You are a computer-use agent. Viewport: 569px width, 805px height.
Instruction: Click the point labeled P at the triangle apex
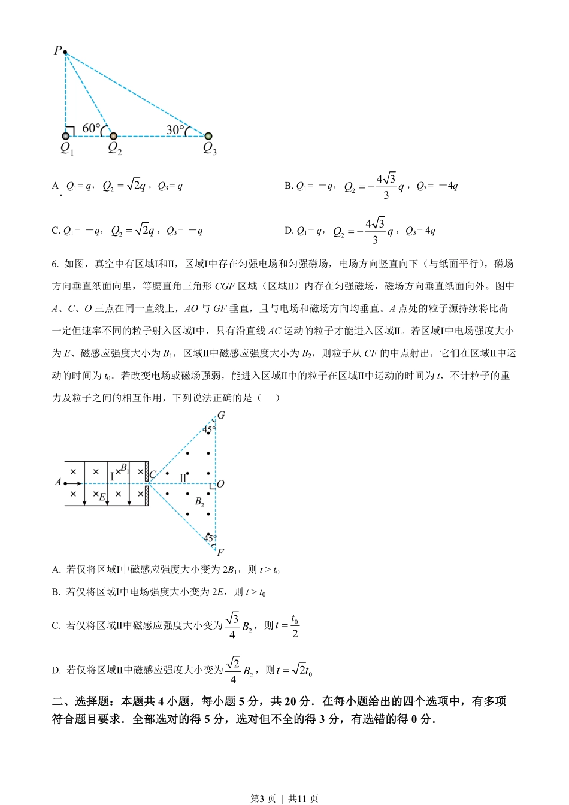(65, 53)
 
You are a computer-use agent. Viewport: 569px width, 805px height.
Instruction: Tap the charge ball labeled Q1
(66, 136)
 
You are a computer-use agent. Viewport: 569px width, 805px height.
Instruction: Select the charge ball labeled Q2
(113, 136)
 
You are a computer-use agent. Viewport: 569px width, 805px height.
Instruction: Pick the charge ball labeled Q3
(208, 136)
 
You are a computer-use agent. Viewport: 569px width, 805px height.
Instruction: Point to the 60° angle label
(90, 128)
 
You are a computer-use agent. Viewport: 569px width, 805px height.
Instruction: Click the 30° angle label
(175, 129)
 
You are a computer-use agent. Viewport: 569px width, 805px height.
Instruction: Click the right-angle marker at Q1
(70, 131)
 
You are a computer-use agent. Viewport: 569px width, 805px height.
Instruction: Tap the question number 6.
(55, 264)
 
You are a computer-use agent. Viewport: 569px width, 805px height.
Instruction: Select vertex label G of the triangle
(220, 415)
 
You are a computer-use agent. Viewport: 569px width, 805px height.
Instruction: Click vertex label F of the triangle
(220, 552)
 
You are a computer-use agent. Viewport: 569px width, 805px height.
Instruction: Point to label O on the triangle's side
(220, 483)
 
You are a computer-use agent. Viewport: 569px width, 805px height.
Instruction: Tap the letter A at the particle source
(58, 482)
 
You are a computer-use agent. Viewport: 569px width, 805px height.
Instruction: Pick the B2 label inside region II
(199, 502)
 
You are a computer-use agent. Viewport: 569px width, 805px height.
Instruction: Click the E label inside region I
(102, 497)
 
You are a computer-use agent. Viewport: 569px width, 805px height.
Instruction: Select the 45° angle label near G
(208, 429)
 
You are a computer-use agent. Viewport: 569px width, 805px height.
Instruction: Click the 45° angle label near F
(209, 538)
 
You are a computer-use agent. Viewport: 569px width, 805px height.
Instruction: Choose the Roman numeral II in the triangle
(183, 478)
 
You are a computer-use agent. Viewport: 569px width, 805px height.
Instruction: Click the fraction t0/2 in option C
(295, 626)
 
